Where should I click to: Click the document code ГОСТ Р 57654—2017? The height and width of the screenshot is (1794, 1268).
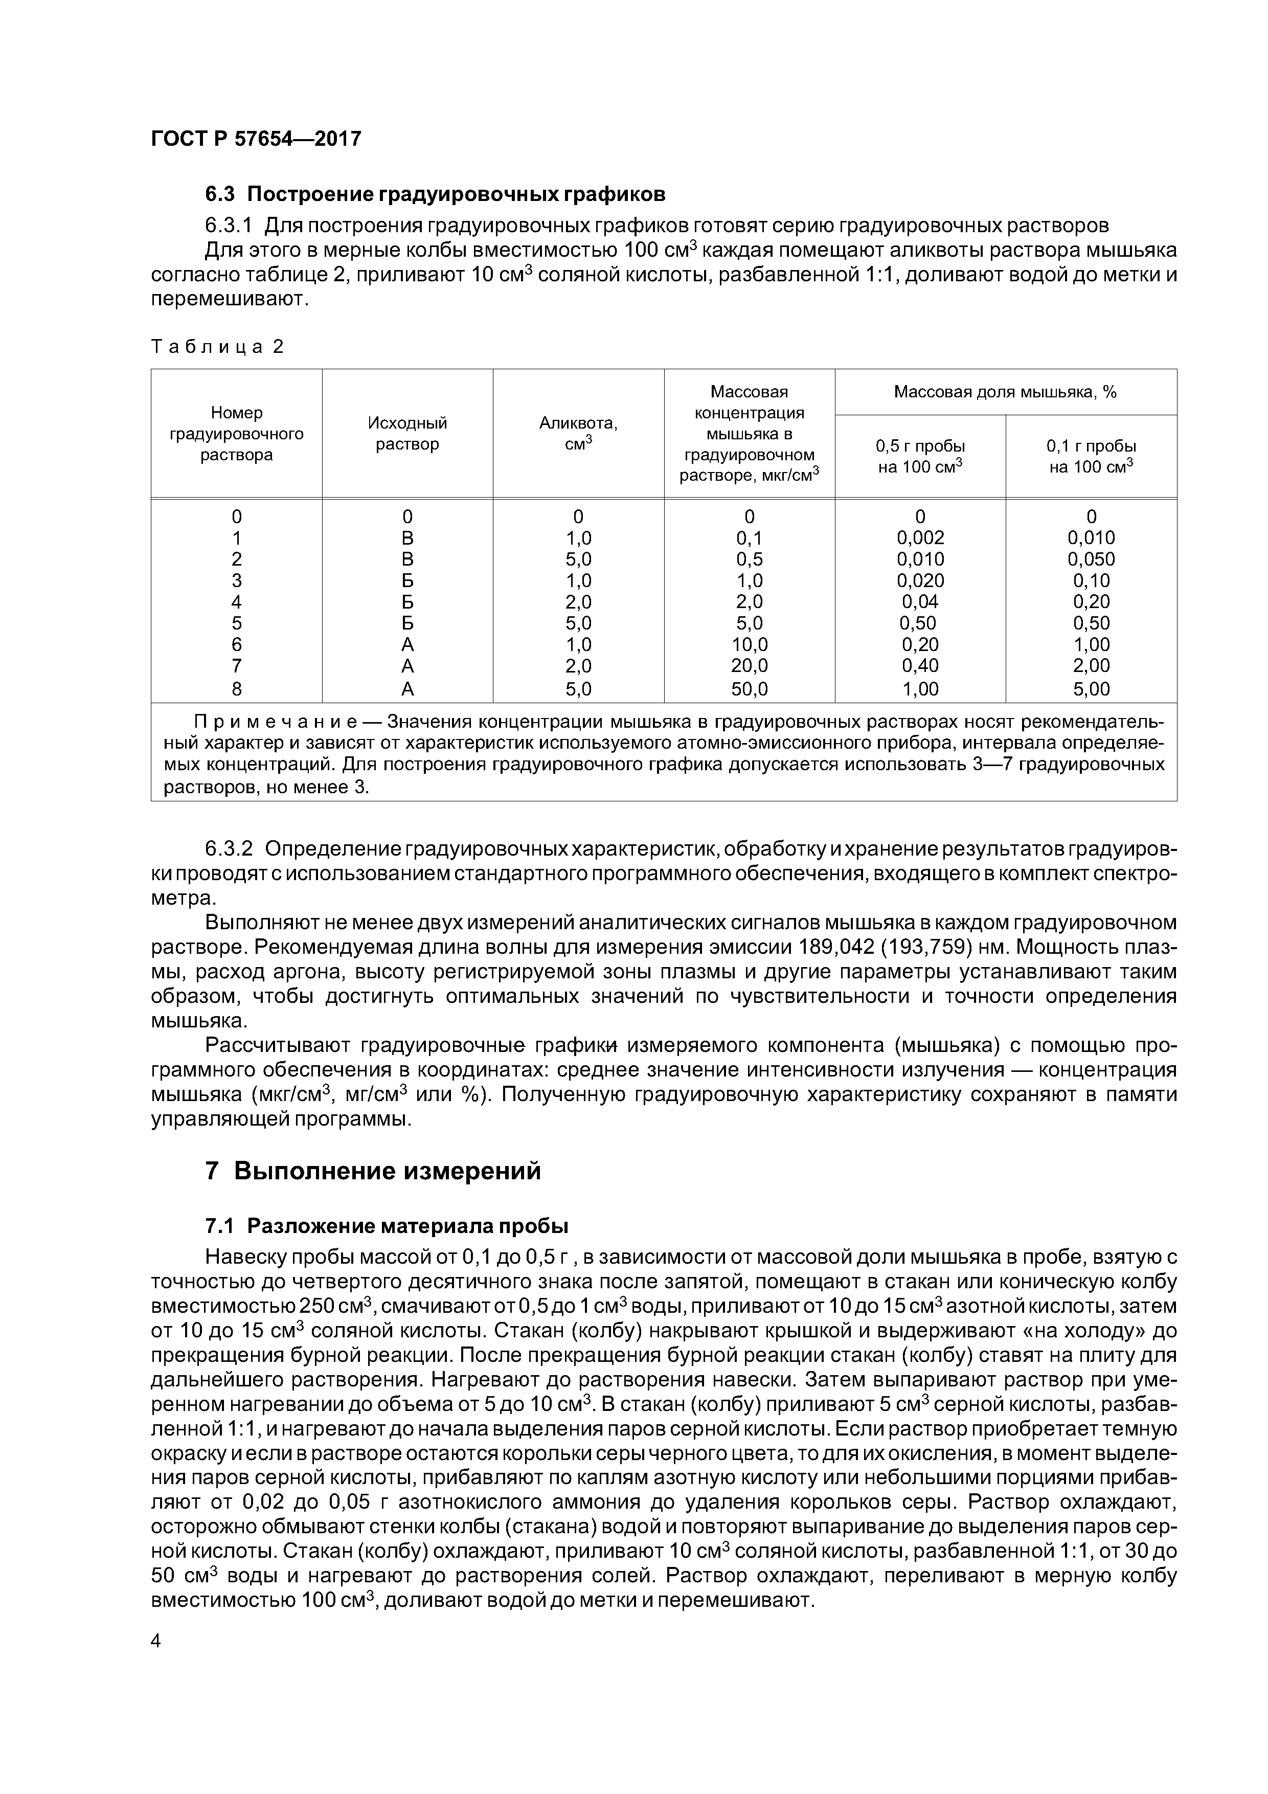point(256,139)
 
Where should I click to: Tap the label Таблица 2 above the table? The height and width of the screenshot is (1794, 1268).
point(217,346)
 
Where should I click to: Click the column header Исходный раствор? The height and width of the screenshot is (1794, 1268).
point(407,434)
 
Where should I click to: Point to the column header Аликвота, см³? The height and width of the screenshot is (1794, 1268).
point(578,434)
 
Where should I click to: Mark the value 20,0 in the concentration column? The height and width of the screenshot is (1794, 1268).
point(749,666)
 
